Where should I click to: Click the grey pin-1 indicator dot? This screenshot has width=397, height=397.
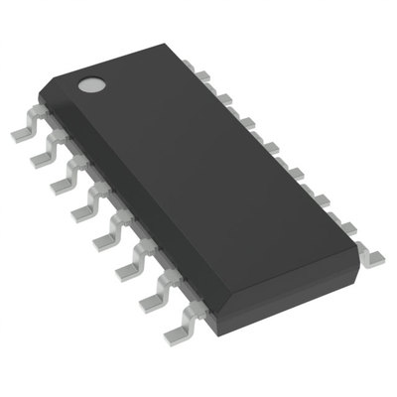92,84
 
